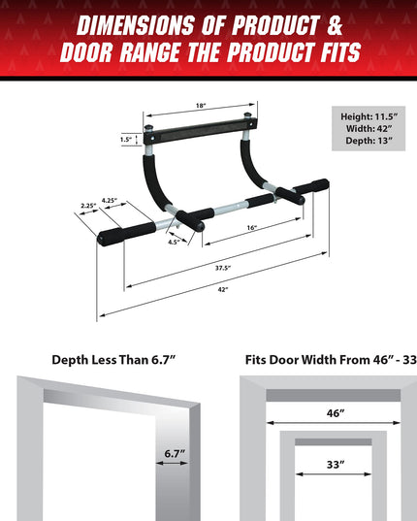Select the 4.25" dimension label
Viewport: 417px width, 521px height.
point(110,200)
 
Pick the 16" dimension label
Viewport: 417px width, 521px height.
point(252,226)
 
